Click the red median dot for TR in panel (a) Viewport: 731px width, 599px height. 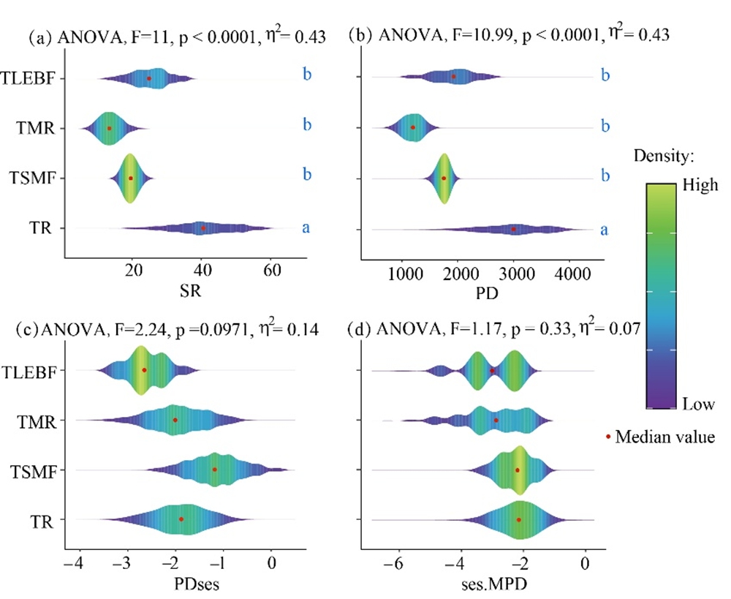[203, 228]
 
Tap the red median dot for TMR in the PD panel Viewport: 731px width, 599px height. [413, 127]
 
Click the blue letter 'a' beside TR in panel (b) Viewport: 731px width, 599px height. [605, 230]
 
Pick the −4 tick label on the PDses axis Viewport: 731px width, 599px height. [75, 564]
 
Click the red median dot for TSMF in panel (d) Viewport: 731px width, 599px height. [518, 470]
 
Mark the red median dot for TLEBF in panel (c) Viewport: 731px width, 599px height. [144, 370]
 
